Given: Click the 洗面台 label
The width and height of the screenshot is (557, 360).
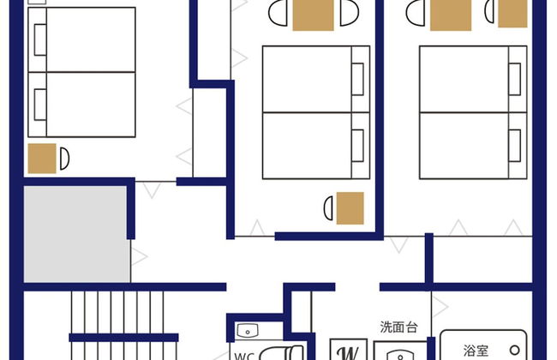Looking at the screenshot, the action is point(398,327).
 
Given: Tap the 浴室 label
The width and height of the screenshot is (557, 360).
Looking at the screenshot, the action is point(476,351).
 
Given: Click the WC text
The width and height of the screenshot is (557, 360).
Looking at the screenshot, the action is point(244,356).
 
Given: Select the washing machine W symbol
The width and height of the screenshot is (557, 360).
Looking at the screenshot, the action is point(349,352).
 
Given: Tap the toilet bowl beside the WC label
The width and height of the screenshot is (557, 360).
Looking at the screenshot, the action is point(280,353).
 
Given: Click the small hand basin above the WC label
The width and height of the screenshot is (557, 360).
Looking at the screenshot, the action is point(248,331).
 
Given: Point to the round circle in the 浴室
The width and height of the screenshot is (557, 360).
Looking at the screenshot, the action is point(515,350).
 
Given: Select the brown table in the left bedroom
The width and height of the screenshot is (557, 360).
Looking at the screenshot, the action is point(42,159).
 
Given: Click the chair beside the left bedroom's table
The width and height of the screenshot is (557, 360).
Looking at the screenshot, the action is point(64,159).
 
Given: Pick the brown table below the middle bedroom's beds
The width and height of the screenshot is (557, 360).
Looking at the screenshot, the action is point(350,208).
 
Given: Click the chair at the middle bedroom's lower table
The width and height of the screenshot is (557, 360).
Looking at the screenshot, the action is point(328,208).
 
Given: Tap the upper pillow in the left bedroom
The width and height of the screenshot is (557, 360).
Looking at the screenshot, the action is point(40,39).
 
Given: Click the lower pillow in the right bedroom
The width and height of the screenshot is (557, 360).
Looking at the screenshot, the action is point(515,146).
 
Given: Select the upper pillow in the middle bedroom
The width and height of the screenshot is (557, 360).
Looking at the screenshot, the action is point(357,79).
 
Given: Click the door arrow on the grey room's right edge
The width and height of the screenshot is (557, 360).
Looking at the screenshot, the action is point(139,256).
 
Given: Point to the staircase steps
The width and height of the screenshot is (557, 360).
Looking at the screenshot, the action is point(123,326).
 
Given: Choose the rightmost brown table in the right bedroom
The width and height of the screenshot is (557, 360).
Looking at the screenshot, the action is point(512,14).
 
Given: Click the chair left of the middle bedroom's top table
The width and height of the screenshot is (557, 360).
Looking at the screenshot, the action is point(278,13).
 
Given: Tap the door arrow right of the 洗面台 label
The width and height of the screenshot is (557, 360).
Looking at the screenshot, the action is point(440,306).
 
